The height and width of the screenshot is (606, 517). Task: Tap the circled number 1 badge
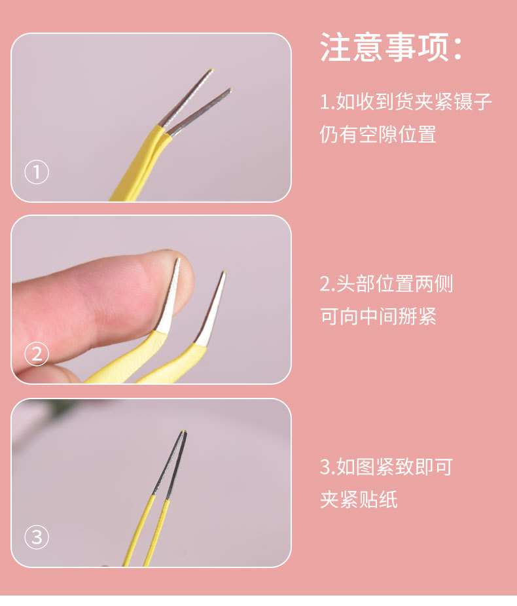click(x=37, y=172)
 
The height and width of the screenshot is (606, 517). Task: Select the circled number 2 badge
click(x=37, y=354)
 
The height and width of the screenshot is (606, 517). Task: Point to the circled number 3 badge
click(x=37, y=537)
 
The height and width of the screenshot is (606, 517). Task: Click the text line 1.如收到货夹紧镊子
click(x=405, y=102)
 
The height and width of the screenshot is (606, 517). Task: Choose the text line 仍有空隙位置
click(x=378, y=134)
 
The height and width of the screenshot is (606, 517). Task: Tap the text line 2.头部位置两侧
click(x=386, y=284)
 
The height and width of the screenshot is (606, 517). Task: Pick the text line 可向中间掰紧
click(x=378, y=317)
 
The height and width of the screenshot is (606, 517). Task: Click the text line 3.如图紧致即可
click(x=386, y=467)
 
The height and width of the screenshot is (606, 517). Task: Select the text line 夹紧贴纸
click(x=359, y=500)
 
